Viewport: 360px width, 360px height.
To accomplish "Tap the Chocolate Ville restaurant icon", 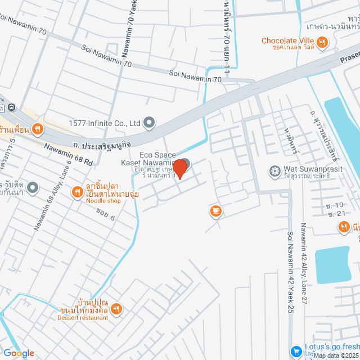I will pos(322,41).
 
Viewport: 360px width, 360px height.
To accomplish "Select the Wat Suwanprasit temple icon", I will pos(275,170).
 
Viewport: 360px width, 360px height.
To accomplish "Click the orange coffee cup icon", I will pos(215,211).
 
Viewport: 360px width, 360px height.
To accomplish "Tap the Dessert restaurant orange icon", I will pos(116,308).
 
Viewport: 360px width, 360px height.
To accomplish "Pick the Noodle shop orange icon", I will pos(78,193).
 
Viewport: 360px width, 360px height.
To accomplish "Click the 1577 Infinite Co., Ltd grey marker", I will pos(149,121).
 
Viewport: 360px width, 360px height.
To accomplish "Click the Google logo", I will pos(18,353).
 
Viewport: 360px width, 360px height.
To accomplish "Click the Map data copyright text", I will pos(336,355).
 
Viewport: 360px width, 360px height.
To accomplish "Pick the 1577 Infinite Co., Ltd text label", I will pos(104,123).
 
